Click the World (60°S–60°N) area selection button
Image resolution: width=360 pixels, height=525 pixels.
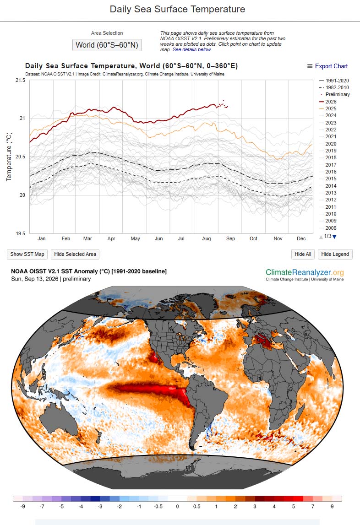point(107,45)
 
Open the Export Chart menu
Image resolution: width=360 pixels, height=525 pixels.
point(327,66)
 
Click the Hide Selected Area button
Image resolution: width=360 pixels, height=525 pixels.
point(75,254)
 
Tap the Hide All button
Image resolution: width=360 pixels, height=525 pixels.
point(303,254)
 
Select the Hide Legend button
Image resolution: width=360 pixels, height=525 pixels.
point(335,254)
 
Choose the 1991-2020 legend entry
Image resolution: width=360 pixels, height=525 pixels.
point(334,81)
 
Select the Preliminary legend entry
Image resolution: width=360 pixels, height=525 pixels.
point(335,94)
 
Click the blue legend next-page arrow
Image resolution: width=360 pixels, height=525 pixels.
point(334,237)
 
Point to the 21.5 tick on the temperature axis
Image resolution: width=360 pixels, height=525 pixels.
point(21,80)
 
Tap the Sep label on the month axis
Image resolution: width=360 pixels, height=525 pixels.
point(231,238)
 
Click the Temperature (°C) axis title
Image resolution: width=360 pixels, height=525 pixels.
point(9,157)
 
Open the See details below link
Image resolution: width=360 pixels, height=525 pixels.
point(192,49)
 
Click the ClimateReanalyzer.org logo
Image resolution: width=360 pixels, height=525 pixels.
point(305,275)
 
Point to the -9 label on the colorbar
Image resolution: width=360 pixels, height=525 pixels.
point(22,506)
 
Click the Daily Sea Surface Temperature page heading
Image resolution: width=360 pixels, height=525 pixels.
point(177,9)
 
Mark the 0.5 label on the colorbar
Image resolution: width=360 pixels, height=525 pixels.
point(197,506)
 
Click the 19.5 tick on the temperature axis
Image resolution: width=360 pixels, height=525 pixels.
point(21,233)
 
